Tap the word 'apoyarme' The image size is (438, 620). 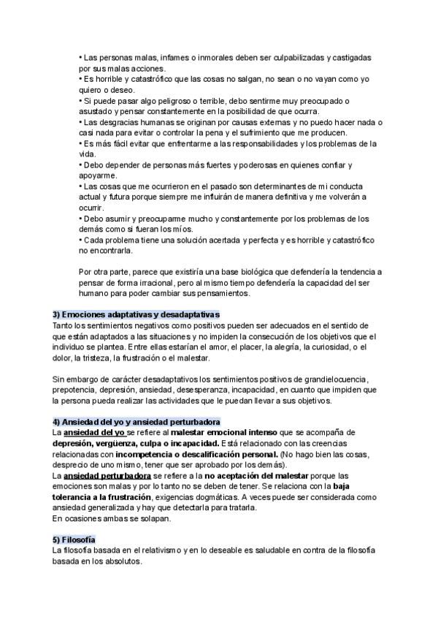(97, 176)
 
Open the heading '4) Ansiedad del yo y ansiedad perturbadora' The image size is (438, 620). (137, 422)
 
